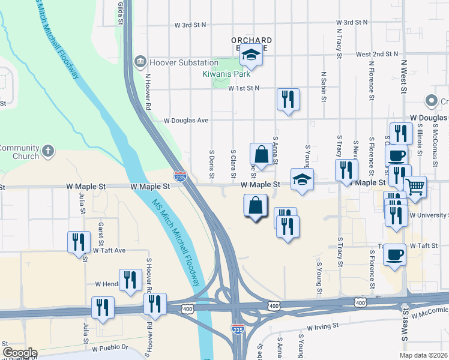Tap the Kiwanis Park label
tap(226, 75)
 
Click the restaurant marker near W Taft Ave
tap(79, 242)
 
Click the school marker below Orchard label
tap(251, 56)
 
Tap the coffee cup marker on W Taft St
tap(394, 254)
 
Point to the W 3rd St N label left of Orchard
tap(190, 25)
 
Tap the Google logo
tap(20, 353)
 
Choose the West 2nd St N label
tap(377, 54)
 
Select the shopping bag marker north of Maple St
tap(262, 155)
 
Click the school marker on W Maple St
tap(302, 179)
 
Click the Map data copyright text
tap(423, 355)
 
